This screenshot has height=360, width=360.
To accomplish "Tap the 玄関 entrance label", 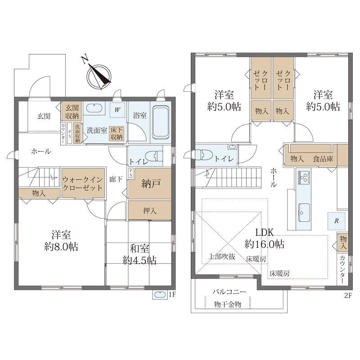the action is (x=44, y=116).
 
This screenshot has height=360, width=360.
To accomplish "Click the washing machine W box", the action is (x=117, y=110).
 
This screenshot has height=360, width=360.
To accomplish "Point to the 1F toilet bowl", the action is (x=155, y=156).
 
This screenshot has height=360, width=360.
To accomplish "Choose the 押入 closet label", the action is (x=150, y=211).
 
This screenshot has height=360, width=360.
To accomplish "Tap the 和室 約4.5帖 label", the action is (x=139, y=255).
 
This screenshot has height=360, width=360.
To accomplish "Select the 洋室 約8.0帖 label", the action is (x=61, y=240).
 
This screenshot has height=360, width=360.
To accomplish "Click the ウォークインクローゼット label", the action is (x=82, y=184).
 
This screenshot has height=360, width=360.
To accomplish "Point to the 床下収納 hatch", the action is (x=117, y=133).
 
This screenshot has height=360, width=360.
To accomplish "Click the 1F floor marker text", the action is (x=172, y=295).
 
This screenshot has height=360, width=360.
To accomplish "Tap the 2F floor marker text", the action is (x=348, y=295).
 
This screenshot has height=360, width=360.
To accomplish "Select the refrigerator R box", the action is (x=336, y=221).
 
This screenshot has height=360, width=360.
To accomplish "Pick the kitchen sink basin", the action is (x=304, y=212).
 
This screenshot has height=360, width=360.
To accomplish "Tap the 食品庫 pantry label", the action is (x=323, y=159).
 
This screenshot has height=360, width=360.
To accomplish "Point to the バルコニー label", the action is (x=229, y=292).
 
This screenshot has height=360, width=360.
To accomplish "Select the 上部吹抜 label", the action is (x=222, y=256).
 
